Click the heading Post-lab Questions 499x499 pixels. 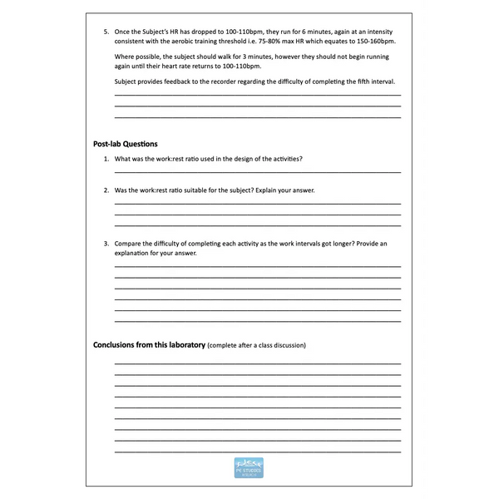(125, 144)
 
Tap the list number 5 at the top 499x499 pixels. (106, 31)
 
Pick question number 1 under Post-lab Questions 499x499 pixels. (106, 158)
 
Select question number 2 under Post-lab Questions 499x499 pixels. (106, 190)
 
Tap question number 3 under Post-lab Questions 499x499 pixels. (106, 243)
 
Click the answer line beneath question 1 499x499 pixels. (257, 171)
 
